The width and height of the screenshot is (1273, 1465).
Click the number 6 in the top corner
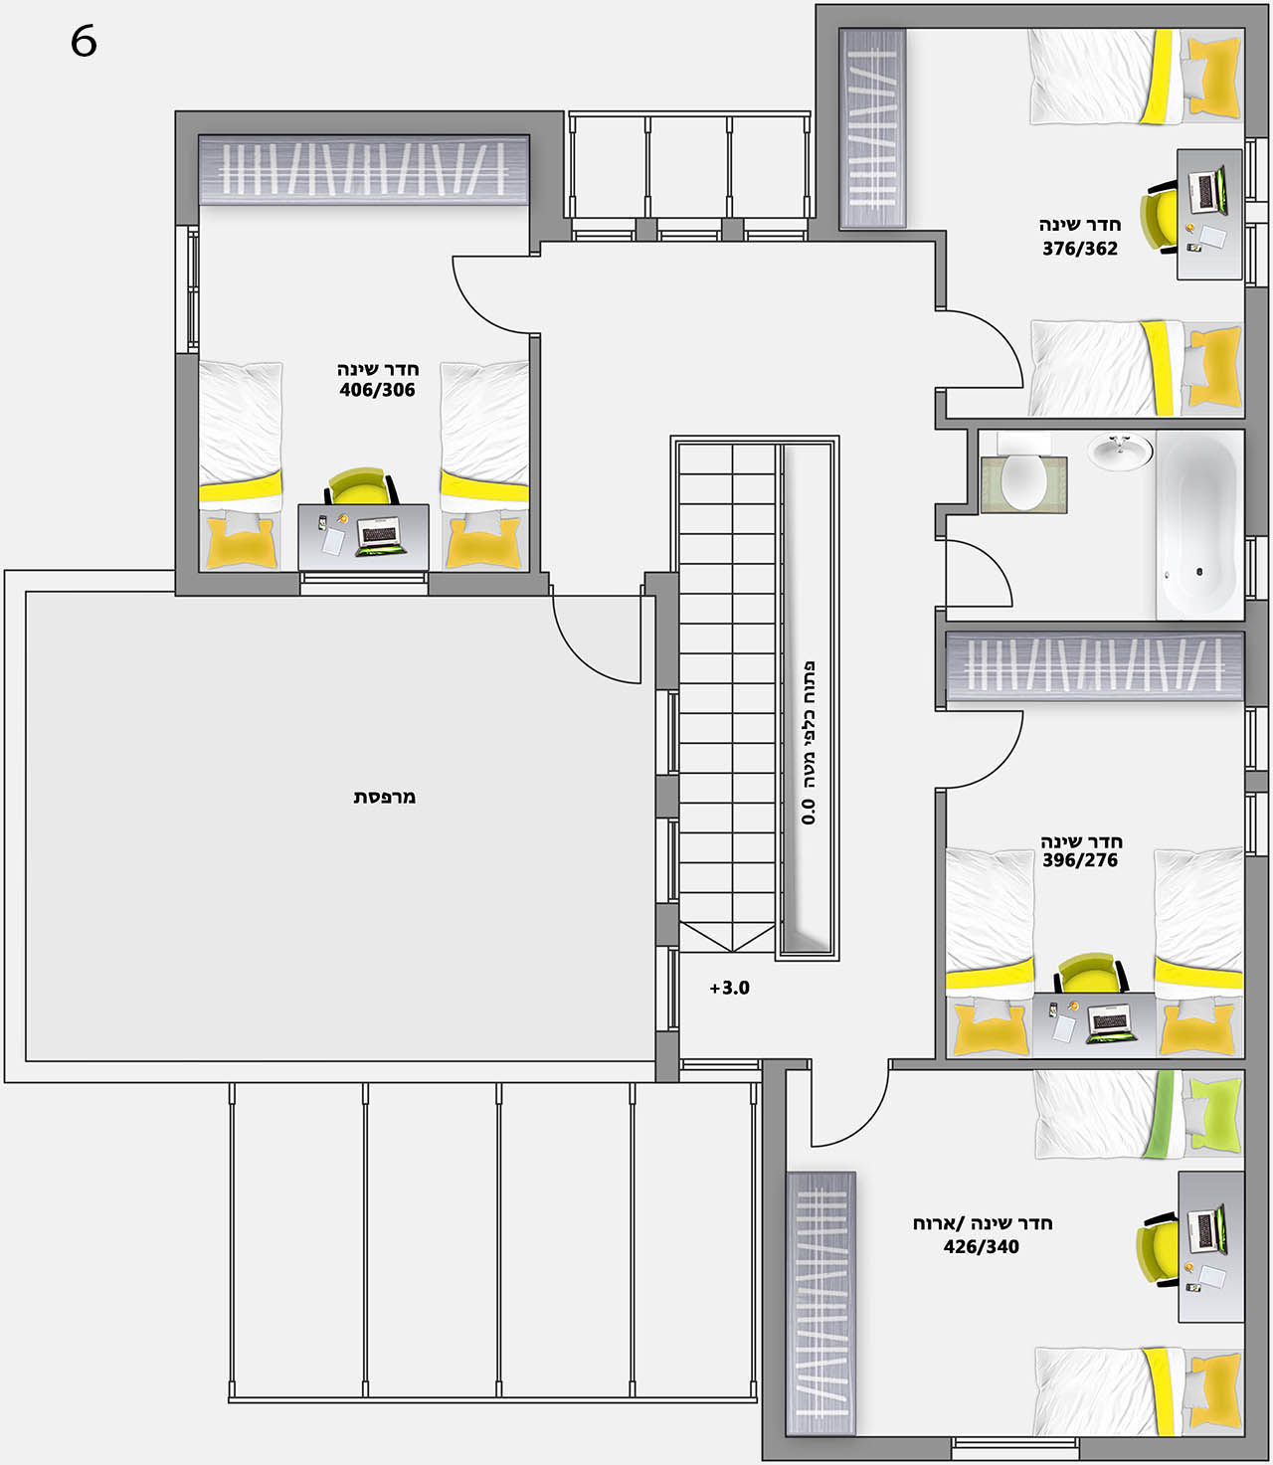click(84, 42)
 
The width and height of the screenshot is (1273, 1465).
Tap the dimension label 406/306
click(377, 390)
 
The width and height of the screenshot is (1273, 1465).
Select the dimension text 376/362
click(1080, 249)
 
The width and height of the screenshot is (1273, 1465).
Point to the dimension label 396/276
click(1080, 860)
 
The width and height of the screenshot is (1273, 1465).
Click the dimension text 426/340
click(981, 1246)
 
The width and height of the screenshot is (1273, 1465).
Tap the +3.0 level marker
click(730, 989)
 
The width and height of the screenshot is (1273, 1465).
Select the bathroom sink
click(1120, 452)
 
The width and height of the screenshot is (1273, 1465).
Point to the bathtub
click(1200, 525)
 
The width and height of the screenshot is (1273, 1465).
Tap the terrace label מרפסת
click(385, 797)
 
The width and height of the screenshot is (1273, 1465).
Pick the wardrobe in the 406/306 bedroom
click(364, 170)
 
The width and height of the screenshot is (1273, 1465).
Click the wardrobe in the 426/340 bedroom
click(821, 1304)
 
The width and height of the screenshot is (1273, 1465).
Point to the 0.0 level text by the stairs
click(809, 812)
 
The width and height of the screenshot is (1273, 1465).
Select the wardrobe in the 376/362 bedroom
click(873, 128)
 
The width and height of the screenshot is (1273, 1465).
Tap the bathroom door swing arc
click(990, 562)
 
